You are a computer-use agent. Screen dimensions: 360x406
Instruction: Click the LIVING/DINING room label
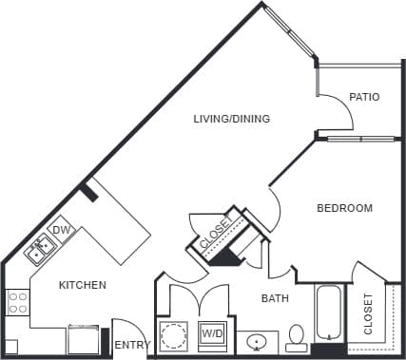231,119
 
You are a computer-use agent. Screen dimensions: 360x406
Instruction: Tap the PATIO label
364,97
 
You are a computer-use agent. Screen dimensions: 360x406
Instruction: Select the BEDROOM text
344,208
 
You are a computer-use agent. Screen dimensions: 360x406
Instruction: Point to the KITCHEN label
83,285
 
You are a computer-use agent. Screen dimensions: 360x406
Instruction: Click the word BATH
276,299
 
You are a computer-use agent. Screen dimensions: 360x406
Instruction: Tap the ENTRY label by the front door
131,345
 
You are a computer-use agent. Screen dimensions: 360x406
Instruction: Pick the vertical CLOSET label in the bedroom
369,313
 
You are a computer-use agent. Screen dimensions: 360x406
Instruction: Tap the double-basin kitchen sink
40,250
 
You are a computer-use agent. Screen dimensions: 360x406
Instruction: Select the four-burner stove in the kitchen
17,303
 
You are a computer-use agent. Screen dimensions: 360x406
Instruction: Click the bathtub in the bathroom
331,313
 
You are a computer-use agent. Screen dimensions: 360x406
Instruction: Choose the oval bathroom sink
257,339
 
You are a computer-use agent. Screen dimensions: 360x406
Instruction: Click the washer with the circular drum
174,335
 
